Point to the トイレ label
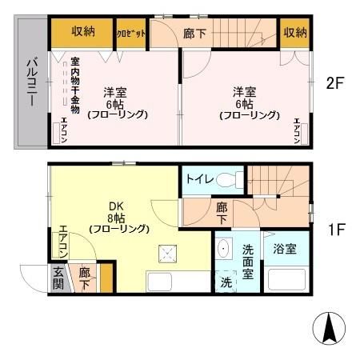point(199,178)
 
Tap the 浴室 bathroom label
point(285,249)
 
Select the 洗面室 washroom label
point(248,262)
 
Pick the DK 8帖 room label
point(118,217)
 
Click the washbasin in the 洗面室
point(224,248)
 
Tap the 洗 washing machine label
point(226,282)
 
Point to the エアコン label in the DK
point(62,242)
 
